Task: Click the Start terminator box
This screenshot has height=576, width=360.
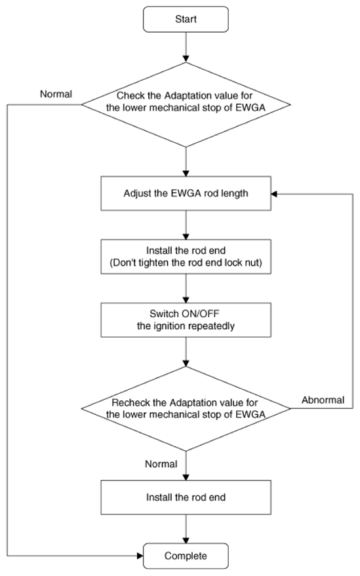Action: pyautogui.click(x=186, y=19)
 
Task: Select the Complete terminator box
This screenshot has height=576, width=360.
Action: pyautogui.click(x=186, y=556)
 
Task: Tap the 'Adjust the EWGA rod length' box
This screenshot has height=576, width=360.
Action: pyautogui.click(x=186, y=193)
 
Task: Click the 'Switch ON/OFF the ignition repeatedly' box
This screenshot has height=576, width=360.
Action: pyautogui.click(x=186, y=320)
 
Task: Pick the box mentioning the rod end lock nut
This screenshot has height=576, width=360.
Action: pyautogui.click(x=186, y=257)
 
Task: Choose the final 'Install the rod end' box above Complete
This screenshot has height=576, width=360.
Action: pyautogui.click(x=186, y=497)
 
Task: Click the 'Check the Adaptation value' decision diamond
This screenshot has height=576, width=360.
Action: pyautogui.click(x=186, y=105)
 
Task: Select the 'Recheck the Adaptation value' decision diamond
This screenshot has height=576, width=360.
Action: pyautogui.click(x=186, y=408)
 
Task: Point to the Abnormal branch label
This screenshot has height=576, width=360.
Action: pyautogui.click(x=323, y=400)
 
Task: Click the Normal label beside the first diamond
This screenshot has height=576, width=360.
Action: pyautogui.click(x=56, y=94)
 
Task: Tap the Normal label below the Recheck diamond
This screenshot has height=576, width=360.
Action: pyautogui.click(x=161, y=464)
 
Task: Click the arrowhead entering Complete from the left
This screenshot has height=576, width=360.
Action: pyautogui.click(x=140, y=556)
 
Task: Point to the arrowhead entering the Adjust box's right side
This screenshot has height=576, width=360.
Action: pyautogui.click(x=274, y=193)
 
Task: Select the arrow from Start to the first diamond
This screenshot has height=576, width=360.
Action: pyautogui.click(x=186, y=47)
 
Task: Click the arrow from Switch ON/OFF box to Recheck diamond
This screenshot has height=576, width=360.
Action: pyautogui.click(x=186, y=352)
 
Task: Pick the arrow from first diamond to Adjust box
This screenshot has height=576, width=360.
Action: pyautogui.click(x=186, y=162)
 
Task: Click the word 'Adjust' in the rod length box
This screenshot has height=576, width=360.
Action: pyautogui.click(x=135, y=193)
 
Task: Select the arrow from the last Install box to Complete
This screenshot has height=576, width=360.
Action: pyautogui.click(x=186, y=529)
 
